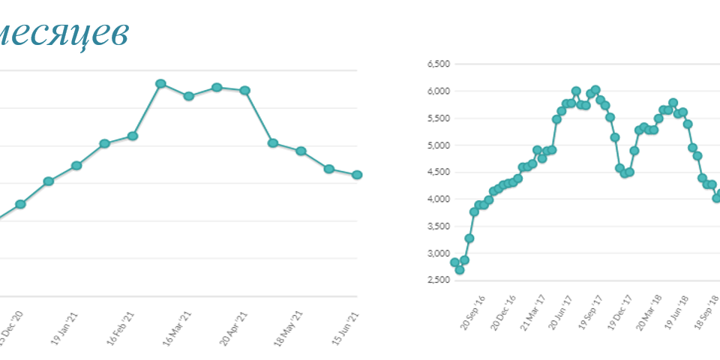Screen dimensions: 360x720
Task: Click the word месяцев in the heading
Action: pos(64,32)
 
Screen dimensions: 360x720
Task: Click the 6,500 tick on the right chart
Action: pos(439,64)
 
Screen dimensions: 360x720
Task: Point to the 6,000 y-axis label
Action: pos(439,91)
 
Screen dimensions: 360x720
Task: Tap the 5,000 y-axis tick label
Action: pos(439,145)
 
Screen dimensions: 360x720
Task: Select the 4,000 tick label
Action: pos(439,199)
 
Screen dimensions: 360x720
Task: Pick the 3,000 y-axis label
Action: pos(439,253)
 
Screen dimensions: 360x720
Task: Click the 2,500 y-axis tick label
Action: pos(439,280)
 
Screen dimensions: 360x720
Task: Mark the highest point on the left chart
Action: pos(160,83)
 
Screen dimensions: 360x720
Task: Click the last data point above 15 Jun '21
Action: pos(357,175)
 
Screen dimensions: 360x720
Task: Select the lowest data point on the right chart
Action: pos(460,270)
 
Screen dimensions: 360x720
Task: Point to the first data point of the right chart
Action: pos(454,262)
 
